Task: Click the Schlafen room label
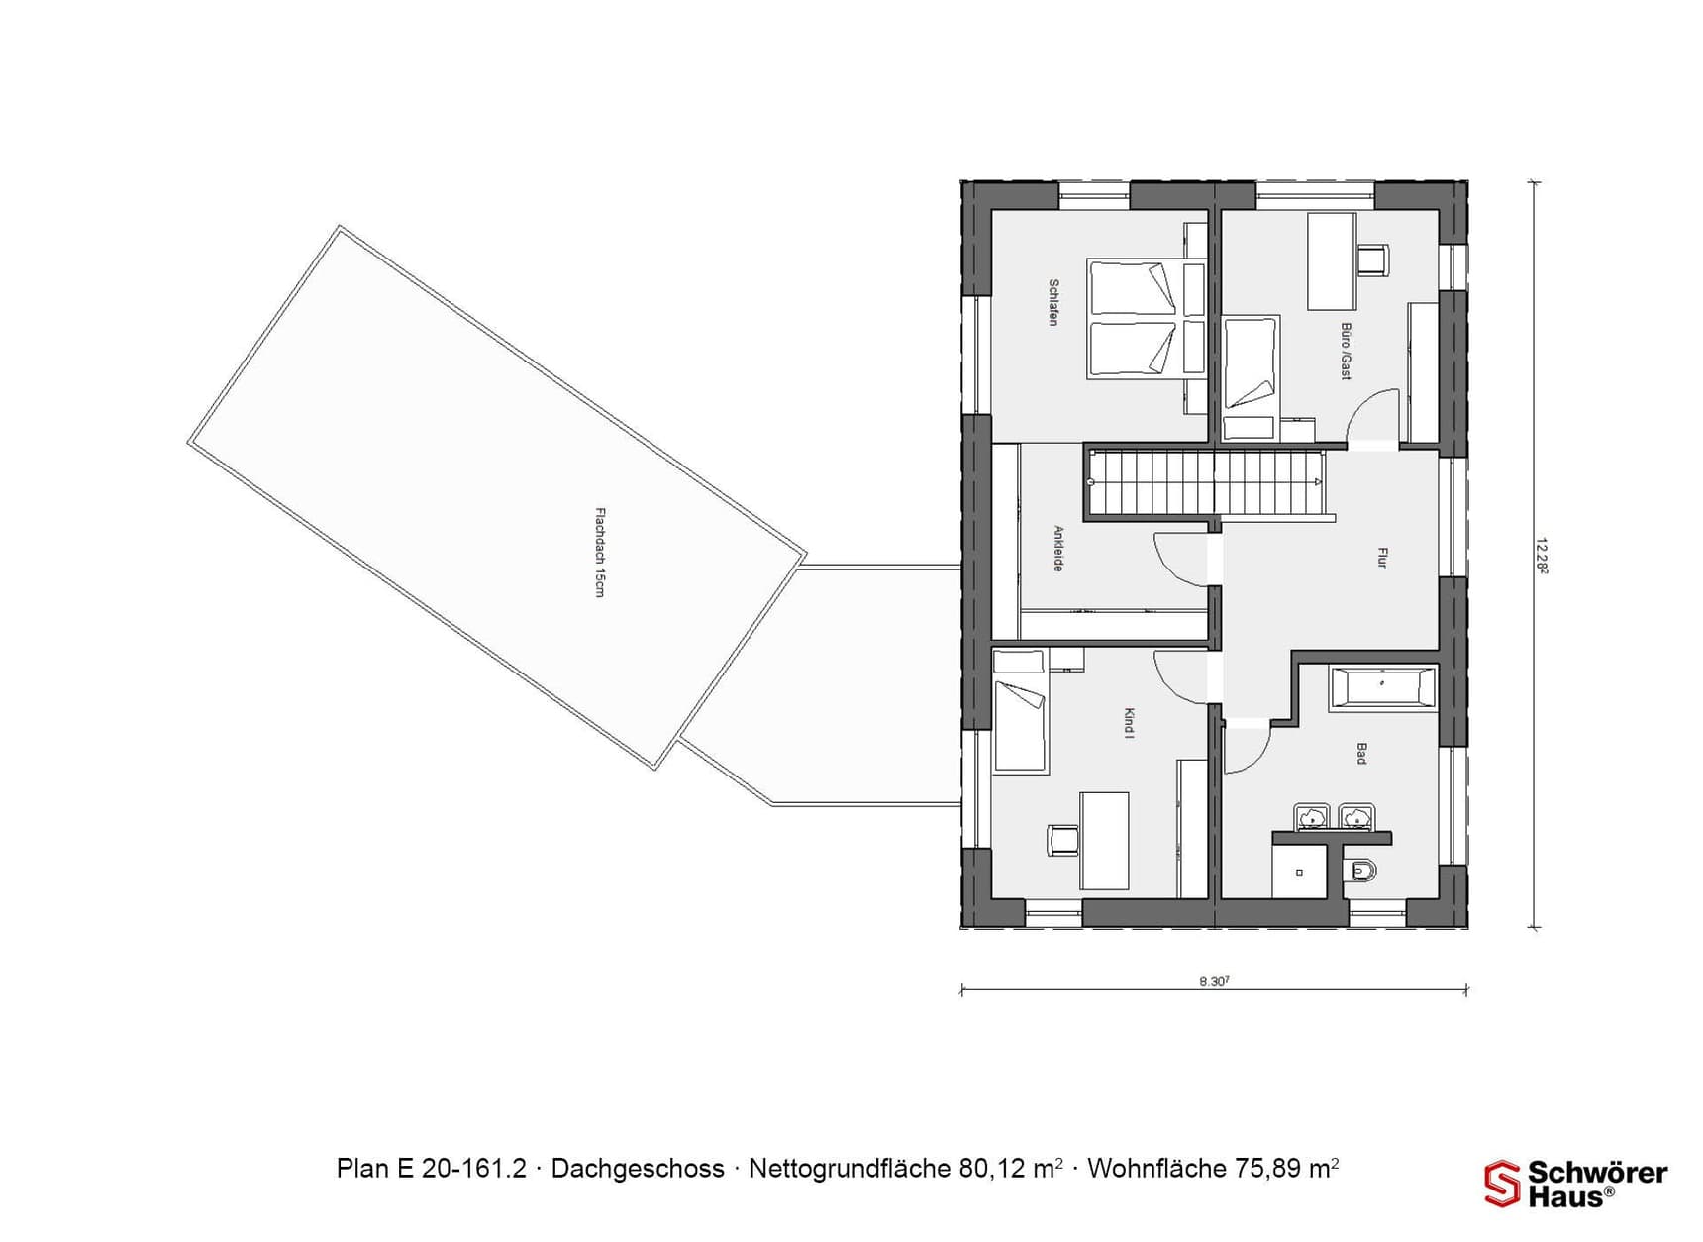(x=1053, y=302)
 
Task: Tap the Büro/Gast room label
(x=1346, y=351)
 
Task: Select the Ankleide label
(x=1057, y=548)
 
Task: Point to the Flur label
(x=1382, y=558)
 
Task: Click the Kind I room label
(x=1129, y=723)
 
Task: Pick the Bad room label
(x=1361, y=753)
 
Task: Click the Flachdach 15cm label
(x=599, y=552)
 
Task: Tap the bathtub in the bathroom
(x=1383, y=687)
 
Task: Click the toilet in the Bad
(x=1362, y=872)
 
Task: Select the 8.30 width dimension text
(x=1214, y=982)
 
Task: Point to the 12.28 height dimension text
(x=1542, y=556)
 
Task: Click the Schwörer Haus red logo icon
(x=1501, y=1184)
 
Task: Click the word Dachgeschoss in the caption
(x=637, y=1169)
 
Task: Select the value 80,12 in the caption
(x=992, y=1169)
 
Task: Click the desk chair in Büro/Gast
(x=1371, y=259)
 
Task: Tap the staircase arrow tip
(x=1318, y=481)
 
